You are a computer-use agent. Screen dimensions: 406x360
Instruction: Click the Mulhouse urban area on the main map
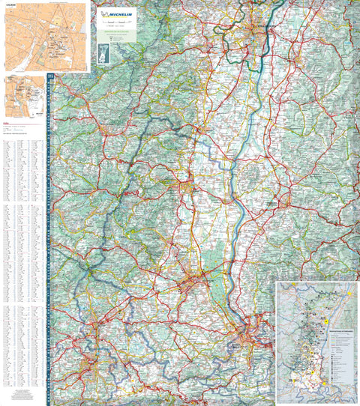[193, 284]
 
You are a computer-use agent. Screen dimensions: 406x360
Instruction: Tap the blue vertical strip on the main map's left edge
[49, 240]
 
